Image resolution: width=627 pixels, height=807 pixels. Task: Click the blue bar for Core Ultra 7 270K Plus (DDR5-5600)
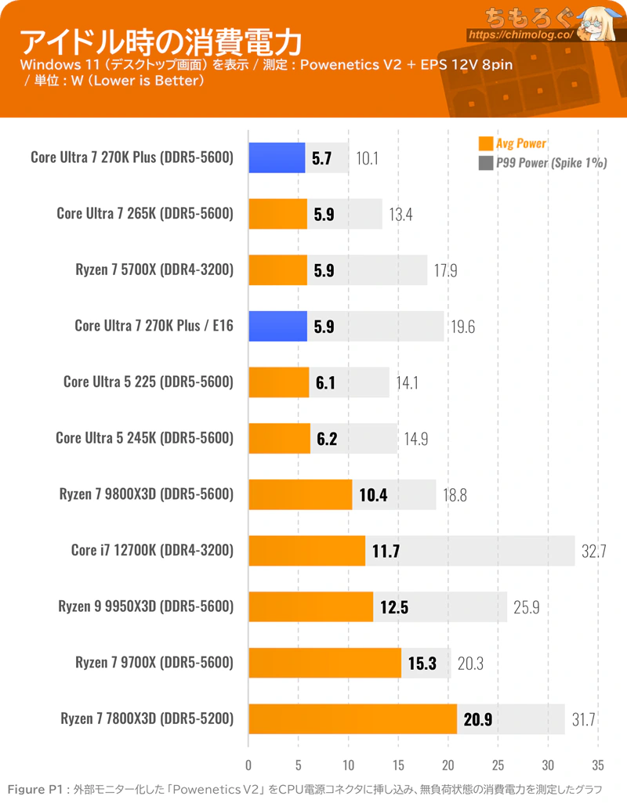point(277,157)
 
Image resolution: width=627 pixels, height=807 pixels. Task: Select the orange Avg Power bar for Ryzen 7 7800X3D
point(353,718)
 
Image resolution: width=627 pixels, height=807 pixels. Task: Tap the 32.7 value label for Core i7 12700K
point(594,551)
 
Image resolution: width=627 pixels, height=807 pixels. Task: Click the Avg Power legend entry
point(513,143)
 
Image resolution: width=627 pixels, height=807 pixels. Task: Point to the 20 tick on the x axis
point(448,765)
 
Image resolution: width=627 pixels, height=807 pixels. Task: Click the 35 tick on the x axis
point(598,765)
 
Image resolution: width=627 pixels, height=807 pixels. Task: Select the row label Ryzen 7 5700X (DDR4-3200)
point(154,270)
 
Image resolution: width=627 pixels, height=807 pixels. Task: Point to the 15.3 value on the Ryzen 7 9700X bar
point(422,663)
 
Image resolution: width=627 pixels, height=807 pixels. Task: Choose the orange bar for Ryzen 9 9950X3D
point(310,606)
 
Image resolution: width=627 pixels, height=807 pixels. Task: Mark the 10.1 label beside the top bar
point(367,158)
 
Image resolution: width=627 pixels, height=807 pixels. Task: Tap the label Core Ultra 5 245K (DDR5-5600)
point(145,438)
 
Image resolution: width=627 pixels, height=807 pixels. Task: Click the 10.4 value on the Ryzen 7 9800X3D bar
point(373,494)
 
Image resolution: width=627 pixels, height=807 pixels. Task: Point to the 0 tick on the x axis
point(248,765)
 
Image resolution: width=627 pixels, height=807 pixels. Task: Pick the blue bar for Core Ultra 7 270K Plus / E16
point(277,326)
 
